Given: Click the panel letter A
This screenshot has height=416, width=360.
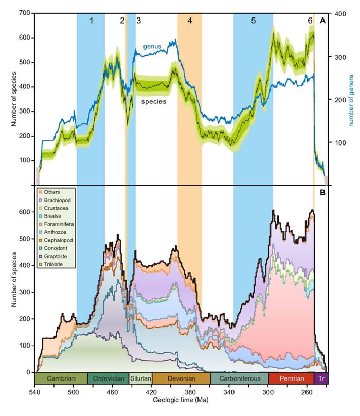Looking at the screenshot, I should [x=322, y=21].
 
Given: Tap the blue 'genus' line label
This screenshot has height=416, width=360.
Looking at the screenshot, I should [x=152, y=47].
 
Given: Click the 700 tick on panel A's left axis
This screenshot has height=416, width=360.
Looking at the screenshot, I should [x=22, y=13].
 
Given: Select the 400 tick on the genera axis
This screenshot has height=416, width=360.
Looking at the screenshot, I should [x=340, y=13].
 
